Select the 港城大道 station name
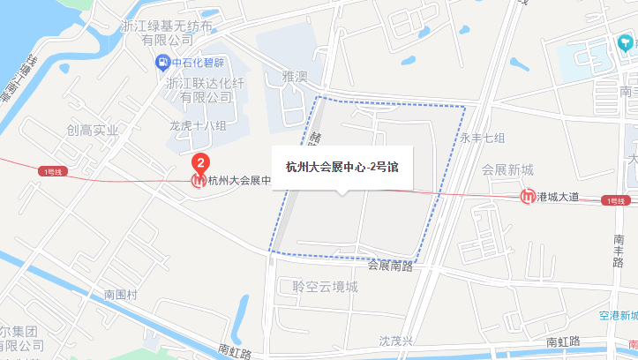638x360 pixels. click(558, 197)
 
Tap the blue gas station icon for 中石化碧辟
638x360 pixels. click(162, 62)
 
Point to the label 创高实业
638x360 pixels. click(92, 131)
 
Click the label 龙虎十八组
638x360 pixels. click(198, 125)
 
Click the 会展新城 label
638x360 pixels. click(507, 169)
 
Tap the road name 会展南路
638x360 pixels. click(390, 265)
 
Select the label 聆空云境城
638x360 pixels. click(325, 287)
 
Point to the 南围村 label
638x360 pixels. click(121, 294)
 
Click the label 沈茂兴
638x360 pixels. click(395, 340)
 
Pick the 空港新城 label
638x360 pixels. click(616, 316)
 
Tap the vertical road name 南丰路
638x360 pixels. click(619, 251)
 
